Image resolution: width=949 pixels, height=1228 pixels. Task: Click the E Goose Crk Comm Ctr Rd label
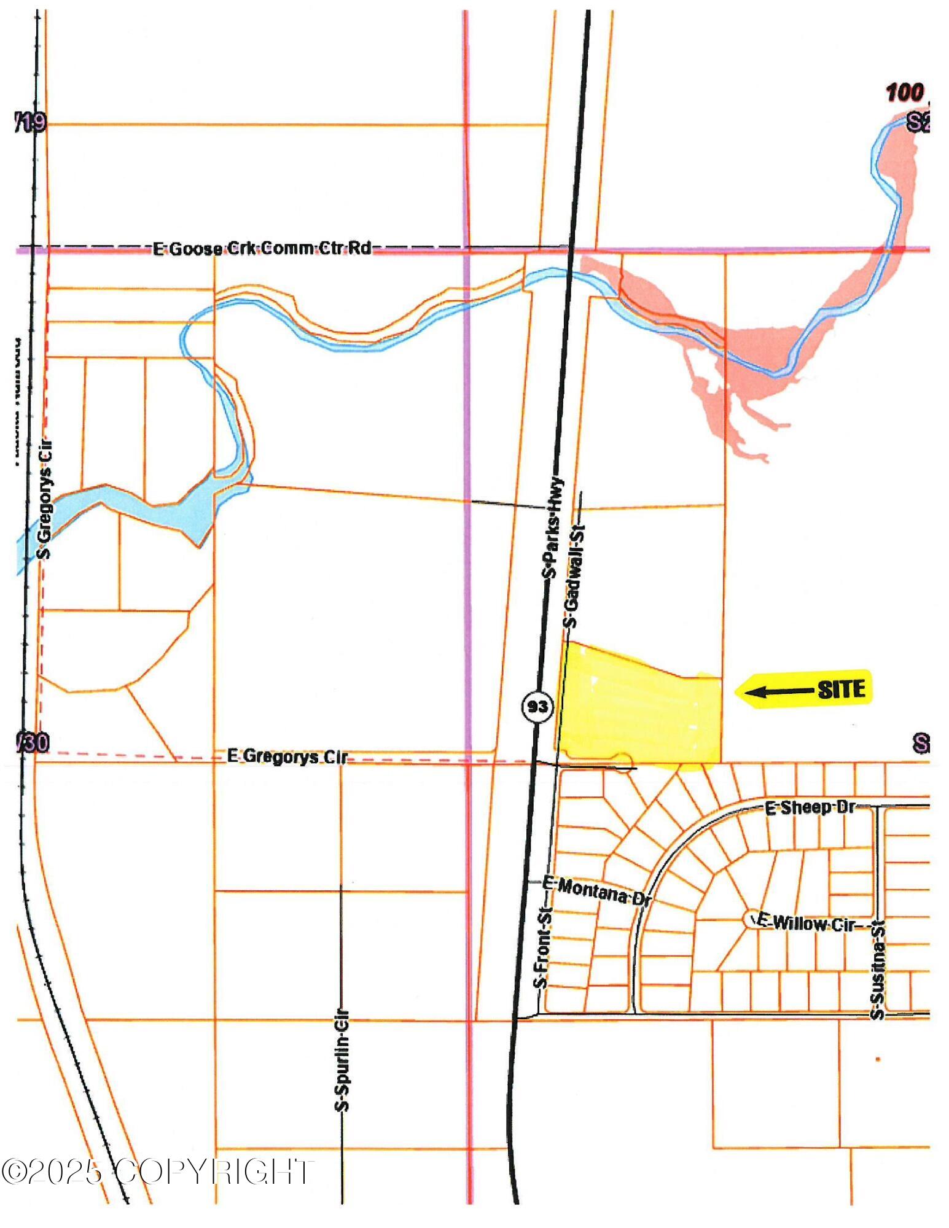262,249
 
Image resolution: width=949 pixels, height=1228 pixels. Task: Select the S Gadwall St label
573,575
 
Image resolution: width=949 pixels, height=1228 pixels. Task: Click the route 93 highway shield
537,706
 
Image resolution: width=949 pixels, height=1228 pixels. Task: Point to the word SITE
842,690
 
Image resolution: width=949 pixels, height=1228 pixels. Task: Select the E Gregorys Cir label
287,756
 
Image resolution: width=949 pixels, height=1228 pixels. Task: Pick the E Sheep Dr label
810,807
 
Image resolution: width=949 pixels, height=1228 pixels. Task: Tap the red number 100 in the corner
904,93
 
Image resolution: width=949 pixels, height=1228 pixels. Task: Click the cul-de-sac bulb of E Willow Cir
751,919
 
